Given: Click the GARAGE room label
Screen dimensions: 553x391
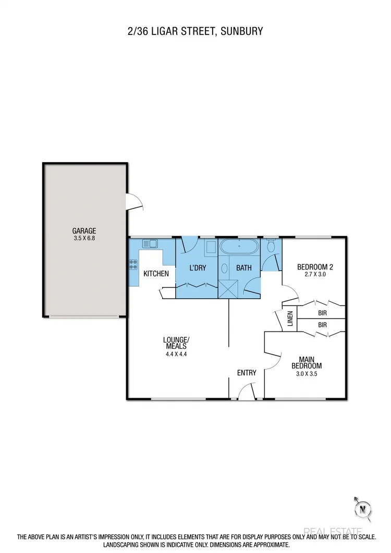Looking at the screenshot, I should (x=84, y=231).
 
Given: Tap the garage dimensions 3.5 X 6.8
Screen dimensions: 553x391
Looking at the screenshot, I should (x=84, y=239).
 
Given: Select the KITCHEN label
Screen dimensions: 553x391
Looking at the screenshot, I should (x=156, y=273).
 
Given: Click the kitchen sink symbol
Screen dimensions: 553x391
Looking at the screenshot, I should (x=150, y=243).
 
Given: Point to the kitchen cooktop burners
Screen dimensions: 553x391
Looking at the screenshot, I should (x=133, y=264).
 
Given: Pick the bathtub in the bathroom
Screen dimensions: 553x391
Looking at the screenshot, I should (x=238, y=247).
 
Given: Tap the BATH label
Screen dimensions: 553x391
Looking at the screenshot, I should (x=244, y=268).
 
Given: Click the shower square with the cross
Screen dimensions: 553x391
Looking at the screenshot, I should (x=227, y=289).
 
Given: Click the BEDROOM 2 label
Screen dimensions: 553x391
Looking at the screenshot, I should (x=315, y=267).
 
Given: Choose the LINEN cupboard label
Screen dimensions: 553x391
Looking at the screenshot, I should (x=290, y=319).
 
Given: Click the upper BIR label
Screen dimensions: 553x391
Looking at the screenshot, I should (x=322, y=314).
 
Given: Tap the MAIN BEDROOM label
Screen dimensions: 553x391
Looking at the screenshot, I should (x=310, y=362).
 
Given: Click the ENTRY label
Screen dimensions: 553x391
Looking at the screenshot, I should (x=247, y=373).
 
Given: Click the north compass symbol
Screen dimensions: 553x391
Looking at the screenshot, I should (x=362, y=508).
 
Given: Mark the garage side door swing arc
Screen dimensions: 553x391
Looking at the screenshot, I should (x=135, y=202).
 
